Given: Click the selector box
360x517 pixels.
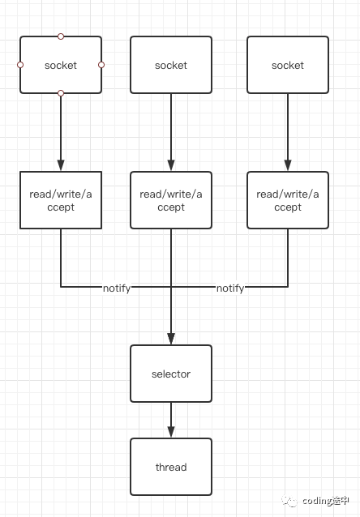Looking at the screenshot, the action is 171,374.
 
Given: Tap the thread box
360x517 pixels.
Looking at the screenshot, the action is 171,467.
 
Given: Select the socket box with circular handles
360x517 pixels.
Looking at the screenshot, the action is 61,65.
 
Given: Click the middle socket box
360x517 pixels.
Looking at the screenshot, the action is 171,65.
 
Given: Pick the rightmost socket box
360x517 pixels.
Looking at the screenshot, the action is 288,65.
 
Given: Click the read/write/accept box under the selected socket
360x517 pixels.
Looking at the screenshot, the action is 61,200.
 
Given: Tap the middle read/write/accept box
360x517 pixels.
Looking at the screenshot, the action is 171,200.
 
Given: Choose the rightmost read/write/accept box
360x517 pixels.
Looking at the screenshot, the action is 288,200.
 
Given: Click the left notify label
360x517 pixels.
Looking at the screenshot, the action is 117,288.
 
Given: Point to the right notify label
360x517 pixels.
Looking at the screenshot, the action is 230,288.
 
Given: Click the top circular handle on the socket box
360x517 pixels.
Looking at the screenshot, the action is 61,36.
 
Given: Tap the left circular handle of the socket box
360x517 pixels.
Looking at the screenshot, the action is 20,65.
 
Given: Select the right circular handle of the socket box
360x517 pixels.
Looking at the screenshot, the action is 101,65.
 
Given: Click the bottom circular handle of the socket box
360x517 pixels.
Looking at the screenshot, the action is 61,94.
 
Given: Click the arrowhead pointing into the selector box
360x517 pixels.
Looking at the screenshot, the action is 171,339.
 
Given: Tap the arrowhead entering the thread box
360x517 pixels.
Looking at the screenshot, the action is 171,432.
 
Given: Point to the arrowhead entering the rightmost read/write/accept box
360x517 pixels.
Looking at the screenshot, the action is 288,165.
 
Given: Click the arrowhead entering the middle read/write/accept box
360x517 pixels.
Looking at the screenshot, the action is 171,165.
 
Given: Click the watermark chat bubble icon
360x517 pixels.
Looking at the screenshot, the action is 289,501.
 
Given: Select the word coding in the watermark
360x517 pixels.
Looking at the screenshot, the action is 317,501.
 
